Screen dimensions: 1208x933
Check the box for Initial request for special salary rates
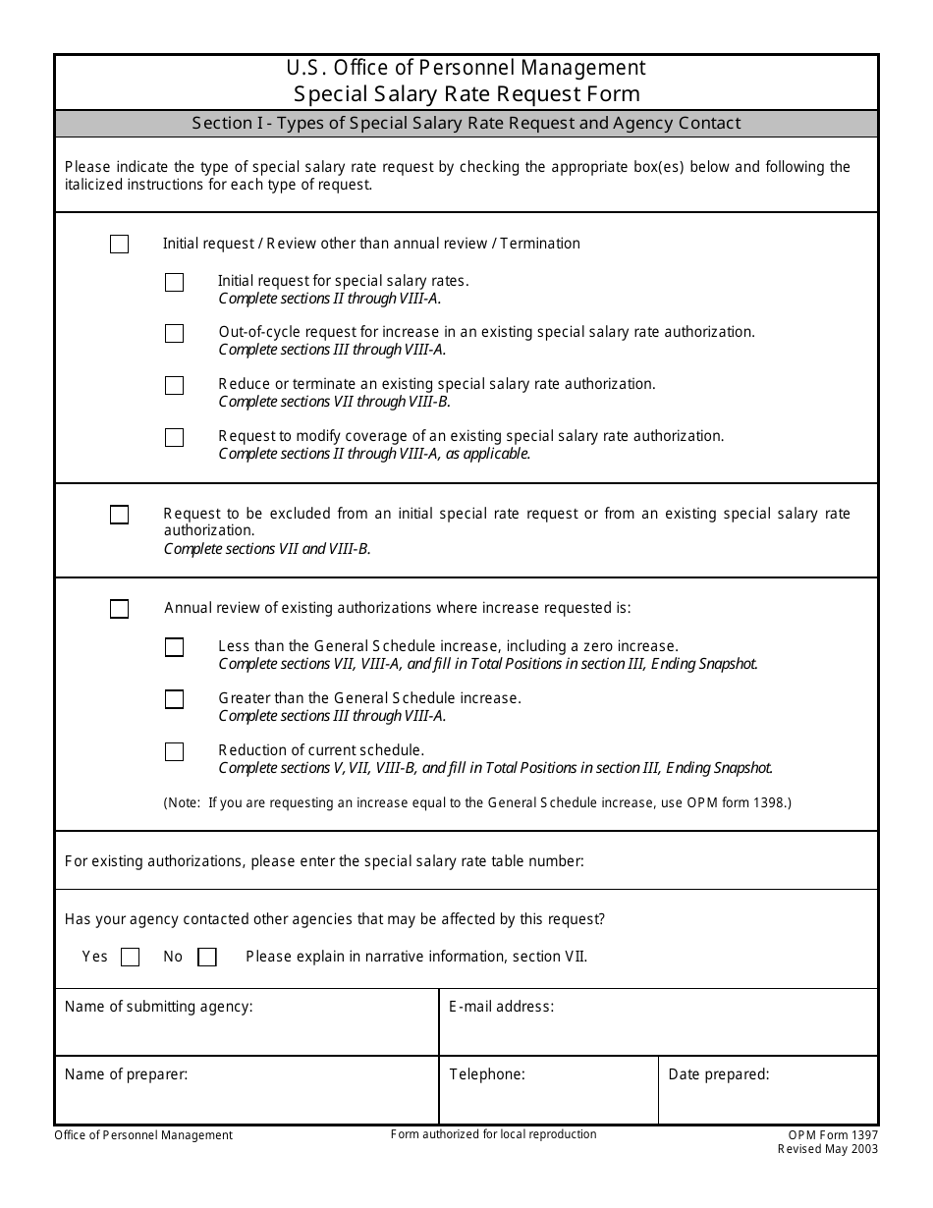(174, 283)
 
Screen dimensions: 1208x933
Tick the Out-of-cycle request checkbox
(174, 334)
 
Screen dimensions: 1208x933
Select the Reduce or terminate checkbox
(174, 386)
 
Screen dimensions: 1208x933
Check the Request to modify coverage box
(174, 438)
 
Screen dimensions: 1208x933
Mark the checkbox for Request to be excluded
(119, 515)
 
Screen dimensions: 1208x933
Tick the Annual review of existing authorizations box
(119, 609)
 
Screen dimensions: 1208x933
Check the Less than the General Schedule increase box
(174, 647)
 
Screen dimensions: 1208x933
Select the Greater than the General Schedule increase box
(174, 699)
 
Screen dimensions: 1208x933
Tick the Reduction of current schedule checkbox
(174, 752)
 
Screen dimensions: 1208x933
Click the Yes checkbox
(130, 958)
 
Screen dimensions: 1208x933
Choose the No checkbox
(206, 958)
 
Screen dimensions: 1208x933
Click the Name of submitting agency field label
(158, 1007)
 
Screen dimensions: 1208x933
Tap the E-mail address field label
(501, 1007)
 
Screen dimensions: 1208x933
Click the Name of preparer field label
(126, 1074)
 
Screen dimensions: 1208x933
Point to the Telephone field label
(486, 1074)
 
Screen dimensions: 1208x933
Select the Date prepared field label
(718, 1074)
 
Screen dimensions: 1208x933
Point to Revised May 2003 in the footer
(828, 1149)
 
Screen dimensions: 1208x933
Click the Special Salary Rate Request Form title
(466, 94)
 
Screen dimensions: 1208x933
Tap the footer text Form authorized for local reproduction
(493, 1134)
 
